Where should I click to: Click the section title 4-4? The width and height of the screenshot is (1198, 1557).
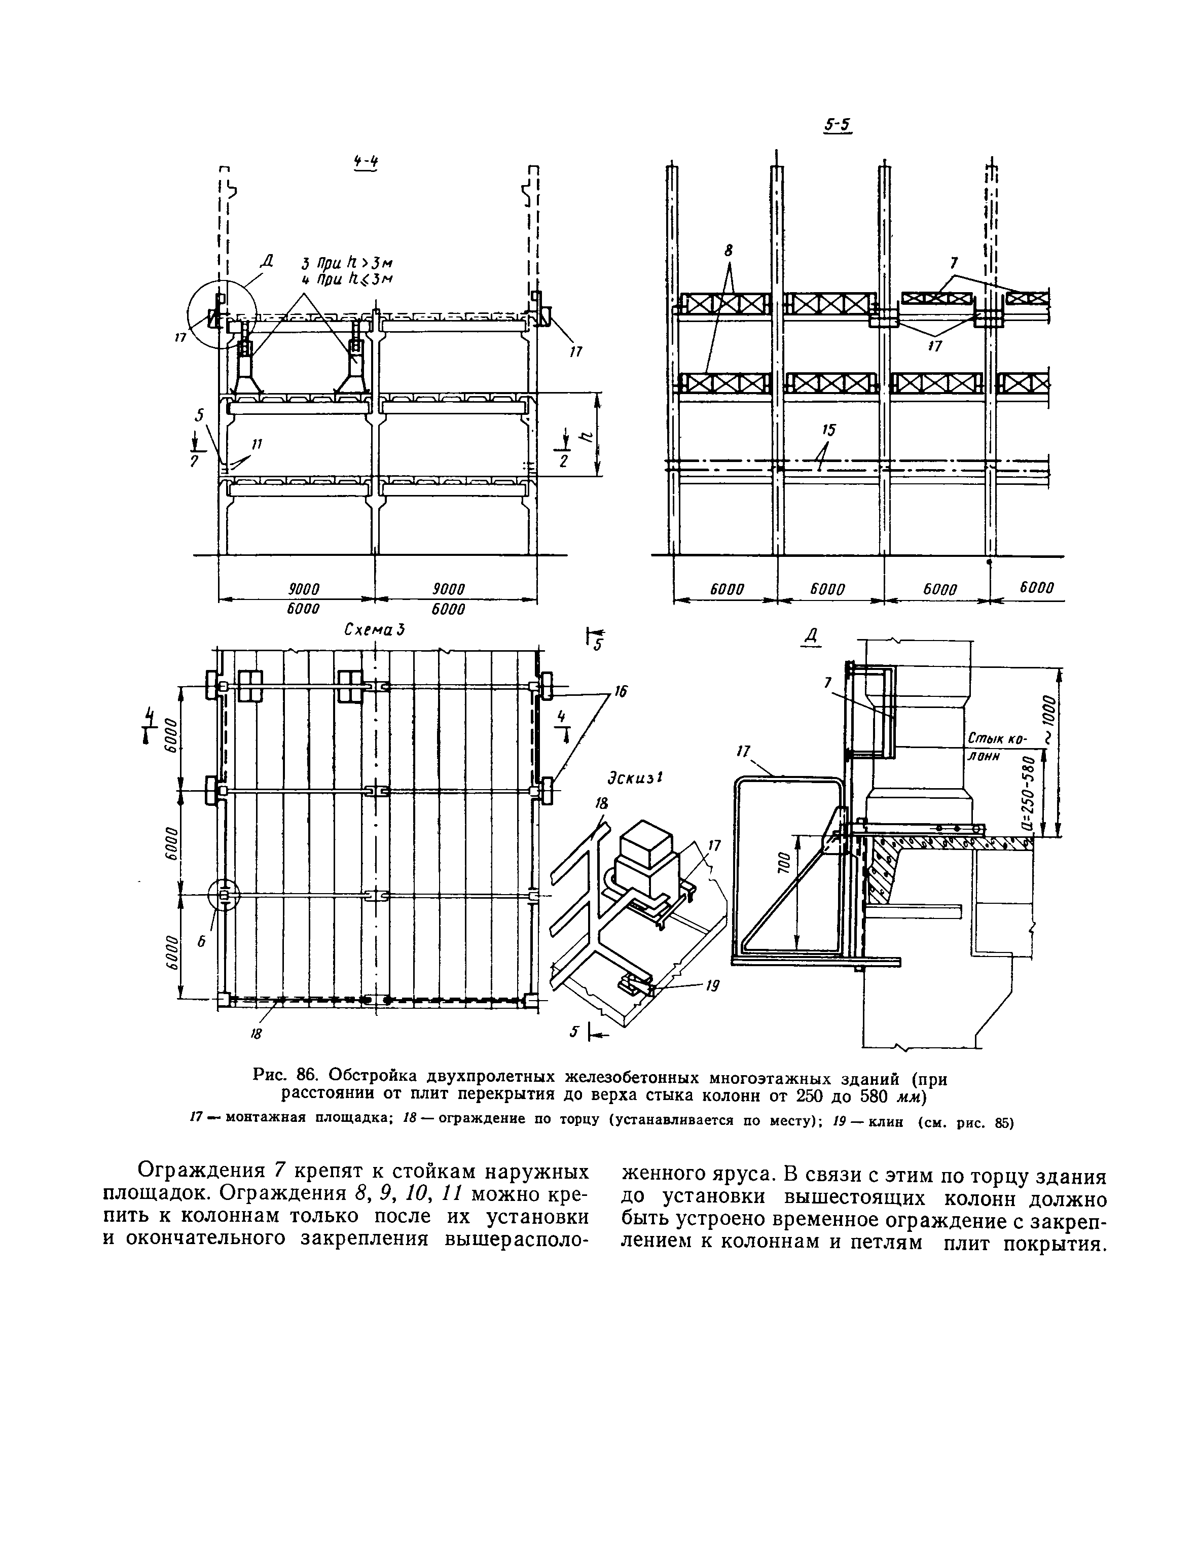[365, 163]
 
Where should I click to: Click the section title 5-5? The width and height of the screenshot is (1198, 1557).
[838, 125]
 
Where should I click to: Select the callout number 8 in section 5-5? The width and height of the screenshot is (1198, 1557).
[729, 250]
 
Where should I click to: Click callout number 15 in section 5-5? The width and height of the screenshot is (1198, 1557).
[828, 430]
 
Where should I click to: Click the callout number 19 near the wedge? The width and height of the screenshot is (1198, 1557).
[711, 986]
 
